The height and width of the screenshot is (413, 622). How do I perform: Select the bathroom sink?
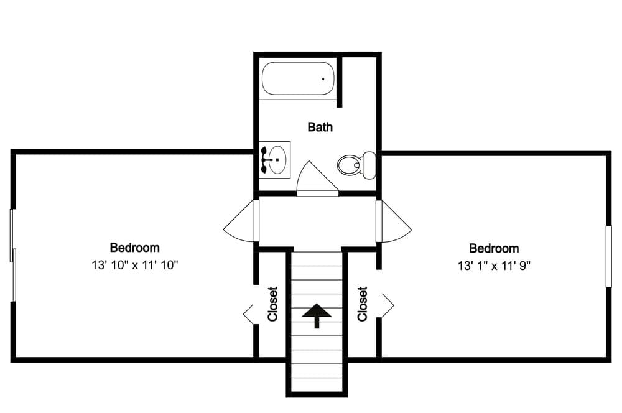click(274, 159)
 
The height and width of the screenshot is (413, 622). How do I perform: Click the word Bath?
click(320, 128)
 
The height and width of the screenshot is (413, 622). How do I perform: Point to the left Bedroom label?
click(134, 248)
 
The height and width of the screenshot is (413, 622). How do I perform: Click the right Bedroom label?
click(493, 248)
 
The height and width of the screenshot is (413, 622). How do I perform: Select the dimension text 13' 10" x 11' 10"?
click(134, 266)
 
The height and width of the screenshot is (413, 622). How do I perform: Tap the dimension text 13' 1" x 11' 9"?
click(494, 266)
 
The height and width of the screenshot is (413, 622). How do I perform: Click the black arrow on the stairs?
click(317, 315)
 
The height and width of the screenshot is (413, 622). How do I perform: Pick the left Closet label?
click(272, 304)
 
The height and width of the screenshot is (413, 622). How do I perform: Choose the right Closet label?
click(363, 304)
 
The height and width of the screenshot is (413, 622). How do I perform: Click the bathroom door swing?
click(316, 179)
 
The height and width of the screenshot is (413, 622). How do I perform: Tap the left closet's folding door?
click(249, 314)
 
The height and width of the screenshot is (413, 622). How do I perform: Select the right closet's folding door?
click(386, 304)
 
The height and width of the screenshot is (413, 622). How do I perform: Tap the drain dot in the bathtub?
click(323, 79)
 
